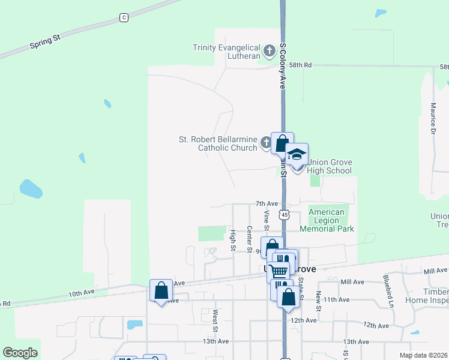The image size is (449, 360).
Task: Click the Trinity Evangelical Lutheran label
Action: (226, 52)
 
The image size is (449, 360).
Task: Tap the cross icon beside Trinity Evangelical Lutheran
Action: (270, 49)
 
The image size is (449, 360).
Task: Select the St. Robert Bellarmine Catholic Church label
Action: (218, 143)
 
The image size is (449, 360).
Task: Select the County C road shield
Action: (124, 17)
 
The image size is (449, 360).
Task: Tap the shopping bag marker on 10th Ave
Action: (161, 291)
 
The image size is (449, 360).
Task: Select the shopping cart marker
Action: (279, 271)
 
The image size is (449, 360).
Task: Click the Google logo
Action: (20, 353)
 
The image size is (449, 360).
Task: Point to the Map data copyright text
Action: (424, 355)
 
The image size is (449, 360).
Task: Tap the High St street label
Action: (233, 240)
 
